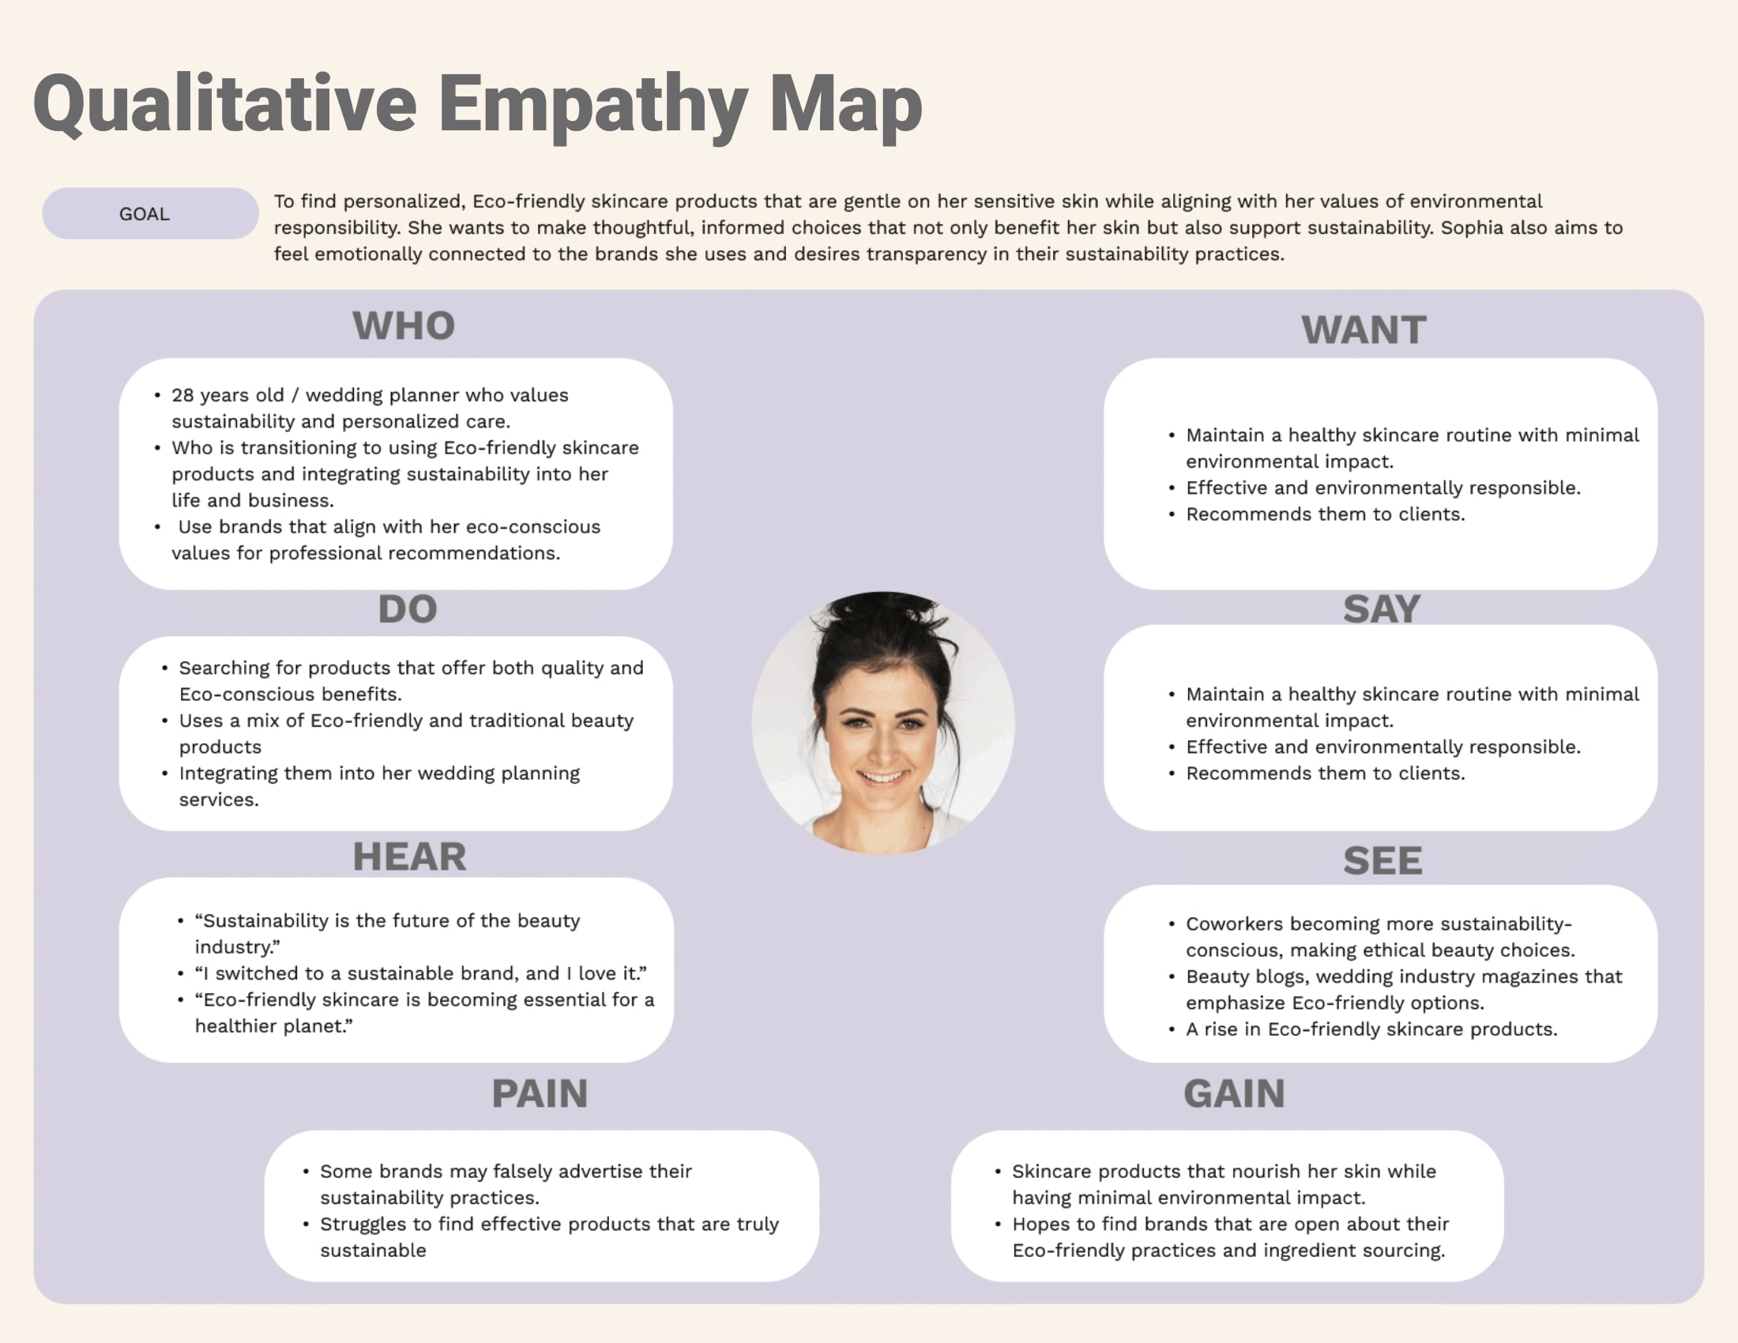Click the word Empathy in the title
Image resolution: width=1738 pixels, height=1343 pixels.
(592, 105)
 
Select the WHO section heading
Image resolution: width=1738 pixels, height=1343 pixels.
(404, 326)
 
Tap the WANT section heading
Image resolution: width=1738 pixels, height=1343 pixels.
(1364, 330)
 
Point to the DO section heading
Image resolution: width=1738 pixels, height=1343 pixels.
(408, 609)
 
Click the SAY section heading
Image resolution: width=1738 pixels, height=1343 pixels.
(1381, 609)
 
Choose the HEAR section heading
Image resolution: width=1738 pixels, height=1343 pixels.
(409, 857)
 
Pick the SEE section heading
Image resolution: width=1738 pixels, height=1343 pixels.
(1382, 861)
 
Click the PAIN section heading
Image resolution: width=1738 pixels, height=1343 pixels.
(540, 1094)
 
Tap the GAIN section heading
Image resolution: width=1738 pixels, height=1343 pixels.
(1233, 1094)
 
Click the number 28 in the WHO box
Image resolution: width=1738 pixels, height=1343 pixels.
(182, 396)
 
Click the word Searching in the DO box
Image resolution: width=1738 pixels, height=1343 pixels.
(220, 668)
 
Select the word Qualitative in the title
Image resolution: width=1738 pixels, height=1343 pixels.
(224, 105)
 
